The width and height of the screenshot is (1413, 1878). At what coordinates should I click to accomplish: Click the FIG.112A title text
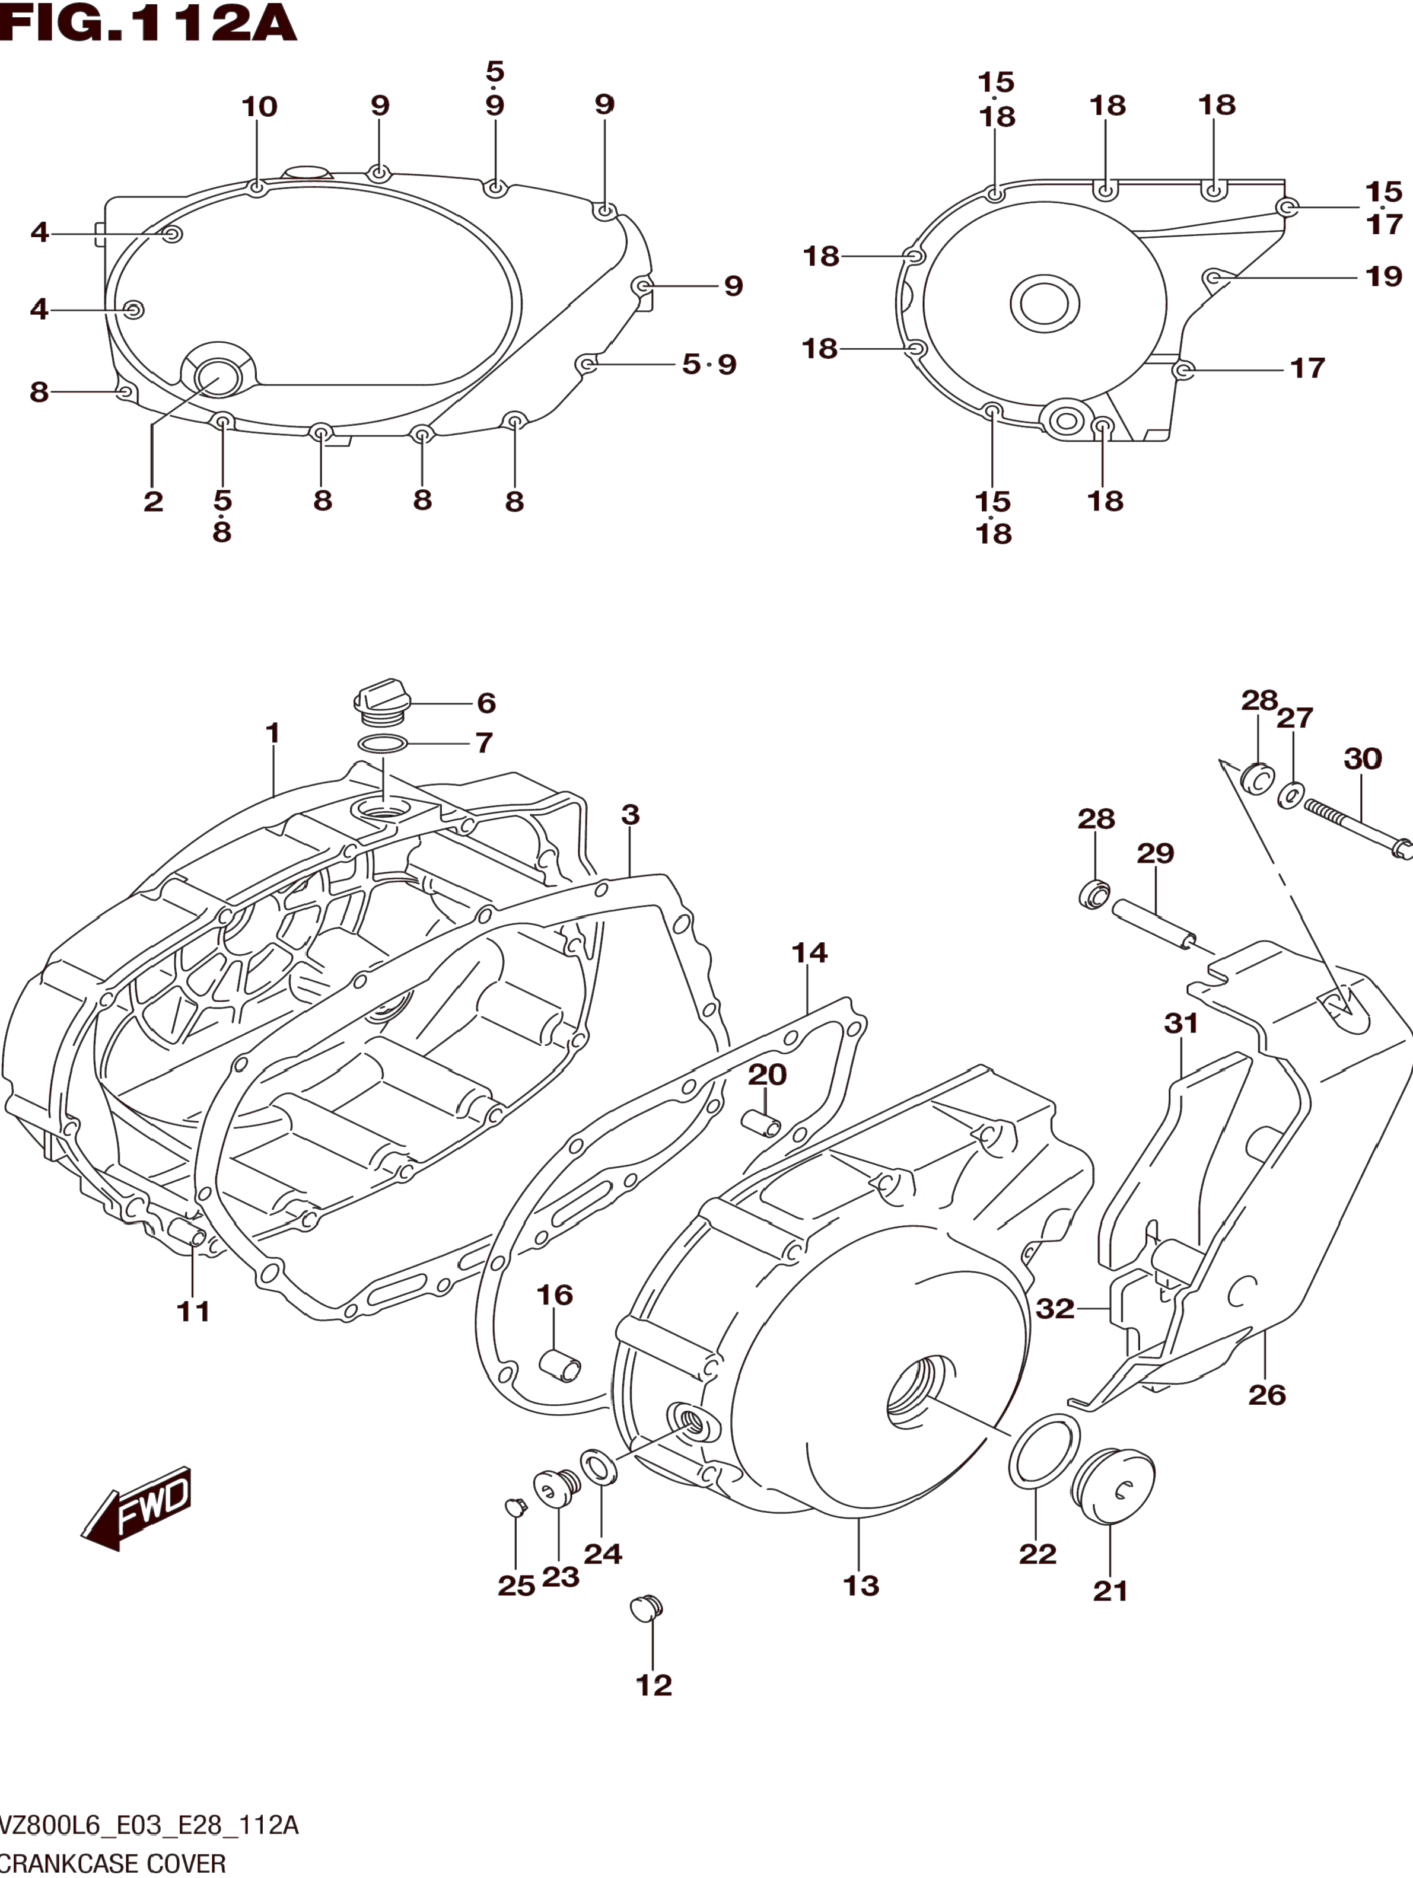[149, 23]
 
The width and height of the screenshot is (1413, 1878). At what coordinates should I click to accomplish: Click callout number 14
[809, 952]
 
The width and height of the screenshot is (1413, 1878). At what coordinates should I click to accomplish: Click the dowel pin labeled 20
[761, 1123]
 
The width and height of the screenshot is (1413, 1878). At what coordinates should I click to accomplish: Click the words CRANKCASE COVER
[113, 1864]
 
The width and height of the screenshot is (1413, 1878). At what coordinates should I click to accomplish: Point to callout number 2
[153, 501]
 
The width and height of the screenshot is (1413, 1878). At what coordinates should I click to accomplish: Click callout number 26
[1267, 1394]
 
